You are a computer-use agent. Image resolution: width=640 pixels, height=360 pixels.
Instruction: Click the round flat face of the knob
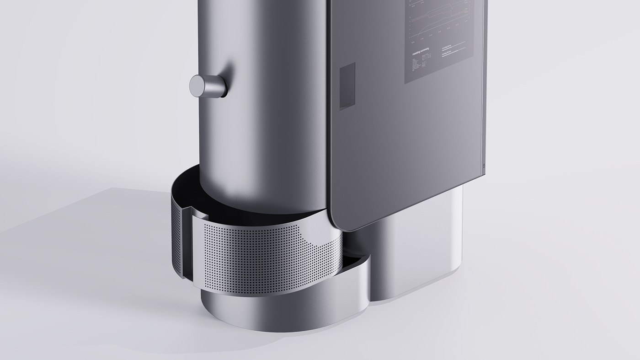(x=197, y=86)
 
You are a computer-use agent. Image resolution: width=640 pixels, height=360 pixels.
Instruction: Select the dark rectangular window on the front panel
(x=347, y=86)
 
